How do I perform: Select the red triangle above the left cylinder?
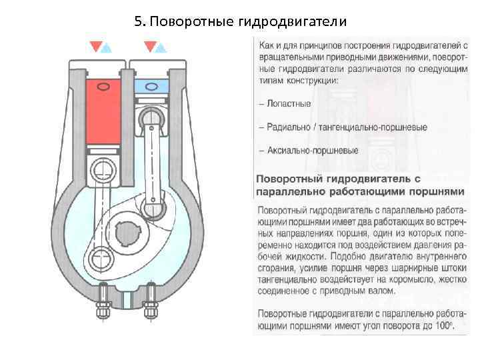(x=96, y=46)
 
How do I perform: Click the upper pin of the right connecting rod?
(x=152, y=120)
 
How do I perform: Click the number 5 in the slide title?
(x=137, y=21)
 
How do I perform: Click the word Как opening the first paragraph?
(x=265, y=45)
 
